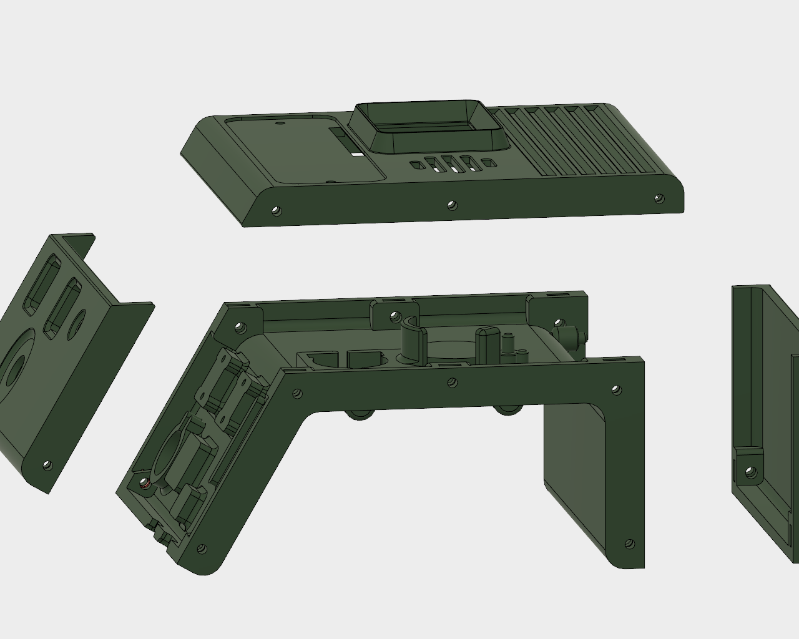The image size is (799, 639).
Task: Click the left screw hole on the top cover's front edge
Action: pyautogui.click(x=275, y=211)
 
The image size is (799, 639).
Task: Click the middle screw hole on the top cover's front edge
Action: pyautogui.click(x=453, y=204)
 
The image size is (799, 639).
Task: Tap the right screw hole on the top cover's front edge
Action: pyautogui.click(x=658, y=198)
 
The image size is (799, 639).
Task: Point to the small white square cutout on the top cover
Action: pyautogui.click(x=356, y=152)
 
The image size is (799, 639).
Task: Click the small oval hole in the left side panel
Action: pyautogui.click(x=77, y=324)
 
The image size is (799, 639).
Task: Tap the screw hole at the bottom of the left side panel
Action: pyautogui.click(x=47, y=465)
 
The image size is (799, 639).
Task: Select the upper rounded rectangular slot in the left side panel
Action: pyautogui.click(x=39, y=287)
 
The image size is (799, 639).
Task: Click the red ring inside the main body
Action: pyautogui.click(x=145, y=484)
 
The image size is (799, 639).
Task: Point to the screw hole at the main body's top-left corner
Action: pyautogui.click(x=239, y=326)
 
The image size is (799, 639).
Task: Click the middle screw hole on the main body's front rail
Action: pyautogui.click(x=453, y=383)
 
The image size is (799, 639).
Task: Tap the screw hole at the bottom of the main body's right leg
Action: pyautogui.click(x=630, y=544)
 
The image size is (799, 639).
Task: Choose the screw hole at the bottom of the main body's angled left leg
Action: pyautogui.click(x=202, y=549)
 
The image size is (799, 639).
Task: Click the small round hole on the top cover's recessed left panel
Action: pyautogui.click(x=280, y=124)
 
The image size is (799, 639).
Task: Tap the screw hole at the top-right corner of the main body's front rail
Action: pyautogui.click(x=617, y=390)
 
